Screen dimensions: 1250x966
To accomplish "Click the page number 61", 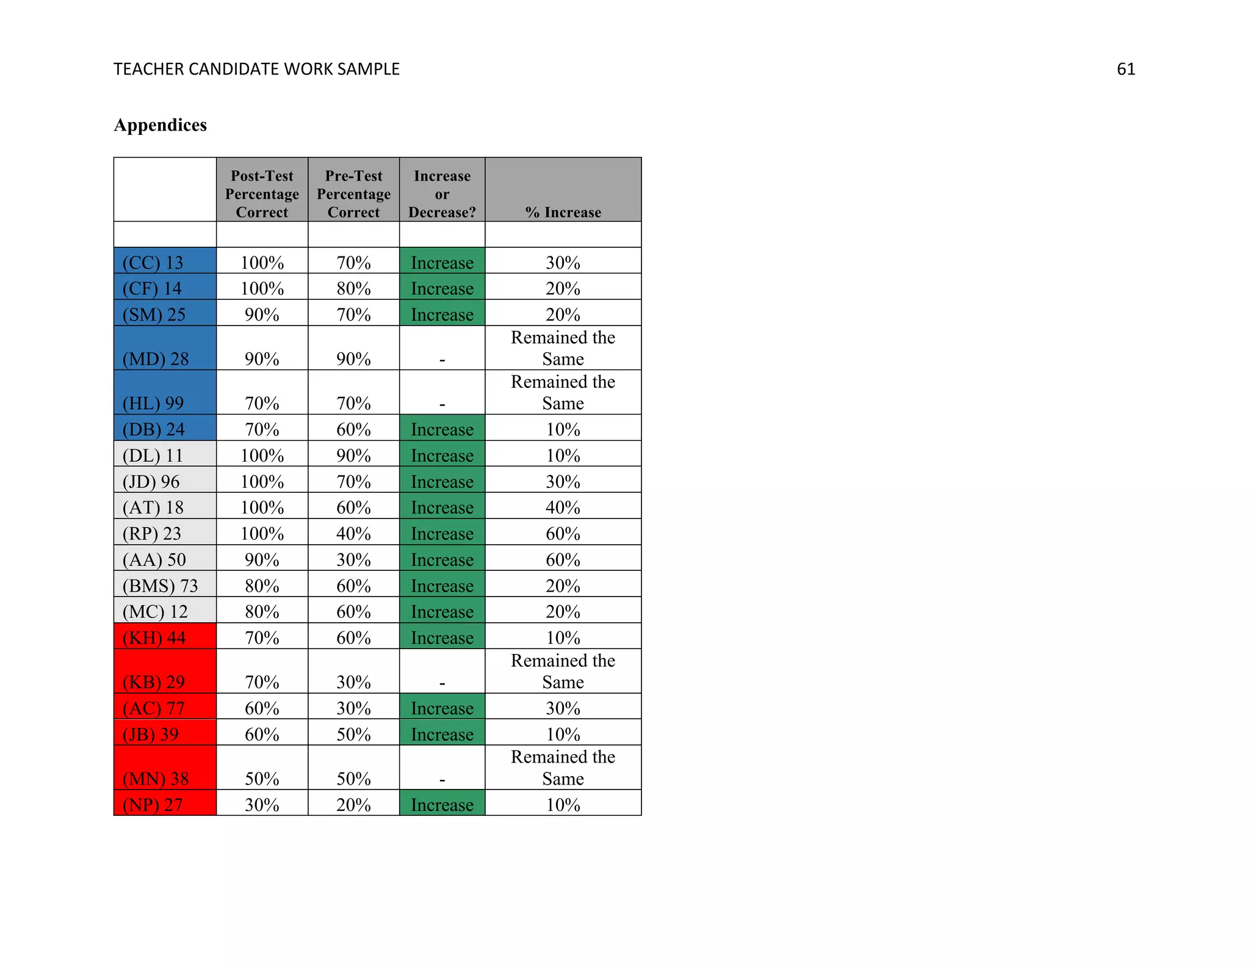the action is (1125, 70).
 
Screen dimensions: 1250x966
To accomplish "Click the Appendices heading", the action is (160, 125).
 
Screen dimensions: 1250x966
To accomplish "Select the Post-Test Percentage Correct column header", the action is (262, 194).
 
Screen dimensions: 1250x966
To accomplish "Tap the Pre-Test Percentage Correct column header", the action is (353, 194).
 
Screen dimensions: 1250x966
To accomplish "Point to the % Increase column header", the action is (563, 212).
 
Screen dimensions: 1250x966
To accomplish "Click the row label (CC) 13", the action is (153, 263).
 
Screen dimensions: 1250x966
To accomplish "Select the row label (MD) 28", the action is (156, 358).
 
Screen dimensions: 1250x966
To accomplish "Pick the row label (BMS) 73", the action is (160, 586).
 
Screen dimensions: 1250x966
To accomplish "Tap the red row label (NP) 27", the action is (153, 804).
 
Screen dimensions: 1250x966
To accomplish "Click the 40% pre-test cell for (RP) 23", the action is (353, 534).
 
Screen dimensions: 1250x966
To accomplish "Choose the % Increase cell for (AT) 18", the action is (563, 507).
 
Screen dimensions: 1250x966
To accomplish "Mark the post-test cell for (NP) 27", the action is (262, 804).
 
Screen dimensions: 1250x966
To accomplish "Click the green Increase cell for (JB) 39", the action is (442, 734).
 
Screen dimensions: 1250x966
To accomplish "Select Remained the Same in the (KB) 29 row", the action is (563, 671).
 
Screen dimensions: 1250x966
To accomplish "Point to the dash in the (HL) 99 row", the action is (442, 404).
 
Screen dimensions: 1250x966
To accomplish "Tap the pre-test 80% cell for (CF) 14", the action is (353, 288).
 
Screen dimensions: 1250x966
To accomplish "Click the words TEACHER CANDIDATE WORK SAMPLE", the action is (256, 70).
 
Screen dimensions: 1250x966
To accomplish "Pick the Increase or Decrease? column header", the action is (442, 194).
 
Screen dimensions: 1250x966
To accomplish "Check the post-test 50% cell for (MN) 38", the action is (262, 779).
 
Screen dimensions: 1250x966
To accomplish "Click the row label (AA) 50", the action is (154, 559).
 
